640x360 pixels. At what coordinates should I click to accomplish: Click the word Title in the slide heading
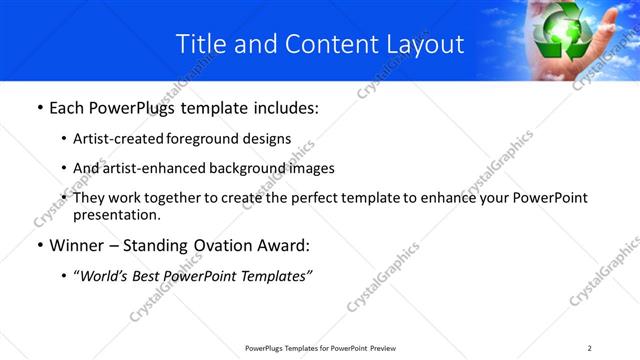(201, 44)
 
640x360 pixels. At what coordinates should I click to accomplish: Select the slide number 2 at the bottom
(590, 348)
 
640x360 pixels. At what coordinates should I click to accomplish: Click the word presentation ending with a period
(117, 215)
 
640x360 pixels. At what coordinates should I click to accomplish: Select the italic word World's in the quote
(105, 276)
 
